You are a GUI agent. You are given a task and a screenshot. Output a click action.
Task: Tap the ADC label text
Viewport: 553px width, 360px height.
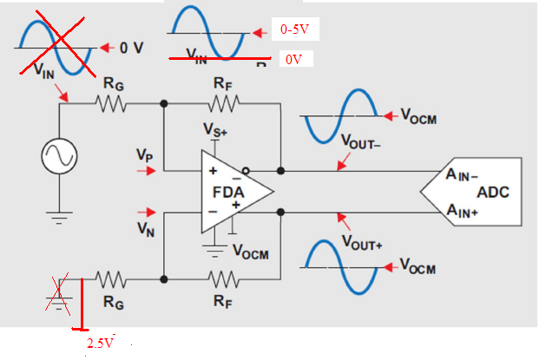[x=496, y=191]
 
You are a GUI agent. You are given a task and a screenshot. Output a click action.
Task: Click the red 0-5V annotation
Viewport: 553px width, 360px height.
[x=295, y=30]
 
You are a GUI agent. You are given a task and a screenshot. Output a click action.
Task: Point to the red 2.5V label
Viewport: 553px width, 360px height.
[x=101, y=344]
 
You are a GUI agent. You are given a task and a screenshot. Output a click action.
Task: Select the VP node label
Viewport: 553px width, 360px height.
[x=145, y=154]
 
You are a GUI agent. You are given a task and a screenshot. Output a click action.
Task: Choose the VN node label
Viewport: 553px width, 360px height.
[x=145, y=229]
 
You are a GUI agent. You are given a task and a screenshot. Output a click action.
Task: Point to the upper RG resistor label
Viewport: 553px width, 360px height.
[x=113, y=84]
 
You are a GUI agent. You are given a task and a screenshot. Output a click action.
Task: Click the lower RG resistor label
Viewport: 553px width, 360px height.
[x=113, y=302]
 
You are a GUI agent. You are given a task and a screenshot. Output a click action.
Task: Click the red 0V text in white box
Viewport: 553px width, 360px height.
[x=293, y=61]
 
